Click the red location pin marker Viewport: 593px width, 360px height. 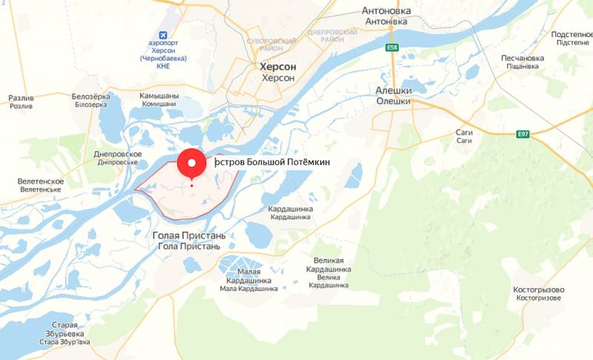(x=193, y=164)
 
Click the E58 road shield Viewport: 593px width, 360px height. (x=392, y=48)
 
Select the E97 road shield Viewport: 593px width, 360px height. (x=523, y=133)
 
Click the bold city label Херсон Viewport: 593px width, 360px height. (x=278, y=67)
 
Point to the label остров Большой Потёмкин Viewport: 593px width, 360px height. (x=271, y=161)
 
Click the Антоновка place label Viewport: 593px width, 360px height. (x=385, y=12)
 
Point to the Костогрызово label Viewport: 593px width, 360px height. (x=539, y=290)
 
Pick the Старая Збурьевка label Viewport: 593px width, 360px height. (x=64, y=325)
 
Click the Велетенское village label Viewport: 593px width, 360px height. (x=42, y=181)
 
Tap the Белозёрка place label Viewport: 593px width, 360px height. (x=90, y=97)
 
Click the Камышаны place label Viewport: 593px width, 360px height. (x=159, y=96)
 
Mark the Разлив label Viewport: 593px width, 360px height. (x=21, y=98)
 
